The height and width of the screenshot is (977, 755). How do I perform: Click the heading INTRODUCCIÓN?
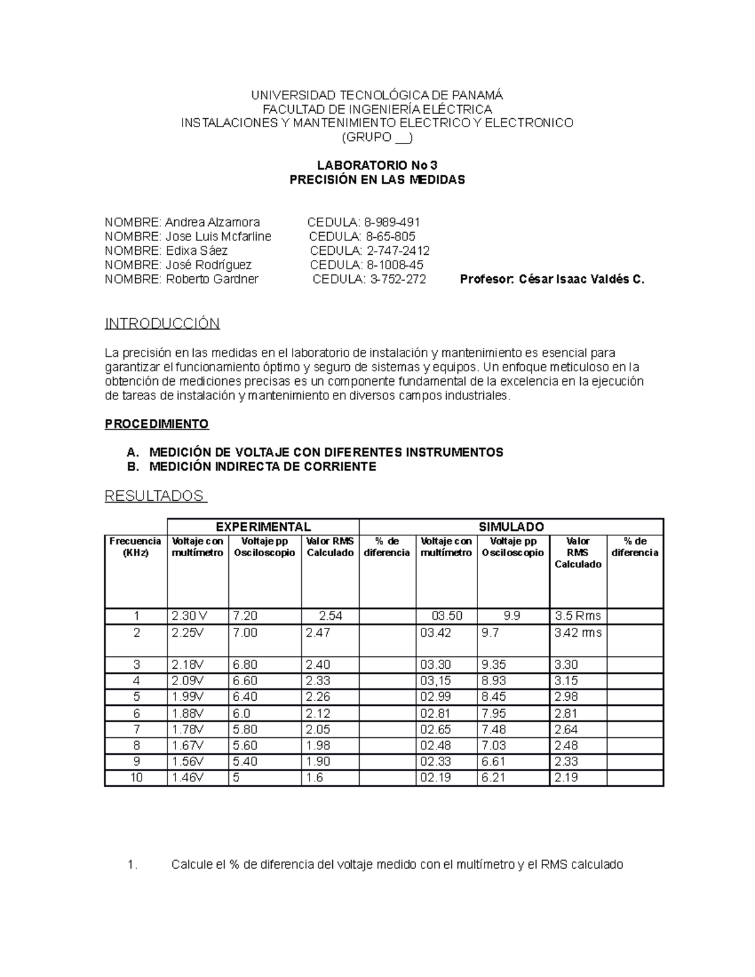[162, 324]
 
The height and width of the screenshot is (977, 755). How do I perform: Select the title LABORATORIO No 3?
[377, 165]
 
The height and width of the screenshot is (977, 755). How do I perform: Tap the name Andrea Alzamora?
[212, 222]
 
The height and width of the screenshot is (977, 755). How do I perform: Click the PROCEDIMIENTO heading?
[156, 424]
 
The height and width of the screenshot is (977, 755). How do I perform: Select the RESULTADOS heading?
[155, 496]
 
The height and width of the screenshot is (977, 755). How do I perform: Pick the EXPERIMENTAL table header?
[263, 527]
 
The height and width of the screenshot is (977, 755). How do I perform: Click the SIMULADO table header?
[511, 527]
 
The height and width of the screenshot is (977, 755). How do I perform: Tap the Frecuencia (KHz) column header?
[135, 547]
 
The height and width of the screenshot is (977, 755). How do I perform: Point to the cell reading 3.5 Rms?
[578, 616]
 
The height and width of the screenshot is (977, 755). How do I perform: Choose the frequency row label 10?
[136, 778]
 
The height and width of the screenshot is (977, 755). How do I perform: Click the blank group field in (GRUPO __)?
[401, 138]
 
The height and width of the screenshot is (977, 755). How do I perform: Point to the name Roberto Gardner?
[211, 279]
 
